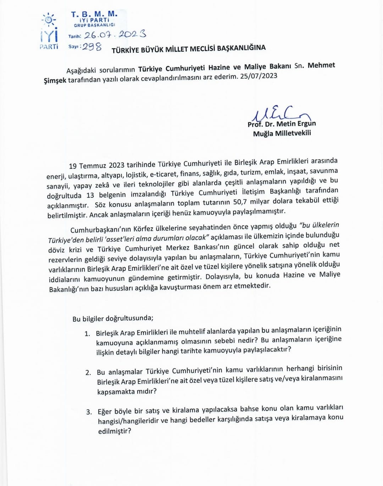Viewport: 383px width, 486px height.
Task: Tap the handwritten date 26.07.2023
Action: click(x=115, y=35)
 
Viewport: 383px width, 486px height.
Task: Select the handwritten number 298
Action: click(x=92, y=47)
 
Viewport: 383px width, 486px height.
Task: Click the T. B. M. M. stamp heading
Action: click(x=94, y=14)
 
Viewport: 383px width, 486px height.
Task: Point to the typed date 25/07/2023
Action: click(x=259, y=76)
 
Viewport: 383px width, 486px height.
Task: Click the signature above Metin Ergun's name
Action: click(x=280, y=114)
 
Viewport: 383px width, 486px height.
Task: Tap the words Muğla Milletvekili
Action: click(x=282, y=133)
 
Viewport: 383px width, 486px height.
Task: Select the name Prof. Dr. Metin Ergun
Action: click(x=282, y=124)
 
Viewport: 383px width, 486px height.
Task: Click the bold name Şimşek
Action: click(x=55, y=81)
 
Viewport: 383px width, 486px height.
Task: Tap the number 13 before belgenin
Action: click(x=90, y=195)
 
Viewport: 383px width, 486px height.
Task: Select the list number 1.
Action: click(x=87, y=333)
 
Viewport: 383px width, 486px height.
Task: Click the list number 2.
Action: click(x=88, y=372)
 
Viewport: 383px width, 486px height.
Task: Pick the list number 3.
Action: click(x=89, y=412)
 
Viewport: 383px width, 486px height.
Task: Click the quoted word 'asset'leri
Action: click(x=122, y=238)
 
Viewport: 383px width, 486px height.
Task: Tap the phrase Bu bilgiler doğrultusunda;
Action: click(x=113, y=318)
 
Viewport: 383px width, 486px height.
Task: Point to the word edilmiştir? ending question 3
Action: click(x=115, y=431)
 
